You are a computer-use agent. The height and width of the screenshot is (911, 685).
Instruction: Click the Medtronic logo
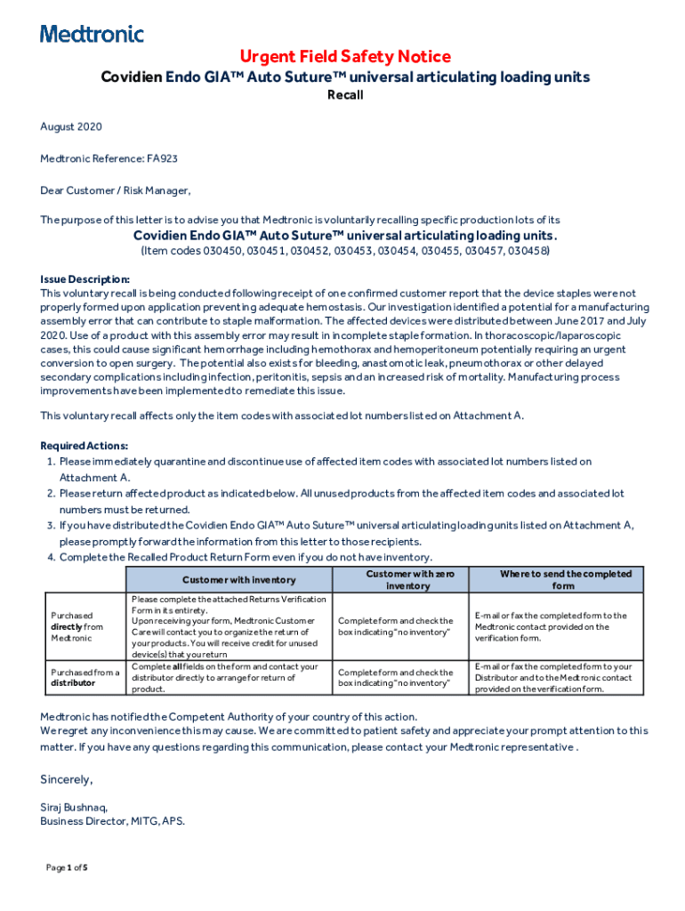click(92, 35)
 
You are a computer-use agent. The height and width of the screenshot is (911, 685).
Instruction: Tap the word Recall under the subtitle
click(342, 95)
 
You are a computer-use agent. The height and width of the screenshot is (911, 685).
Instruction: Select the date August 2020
click(71, 127)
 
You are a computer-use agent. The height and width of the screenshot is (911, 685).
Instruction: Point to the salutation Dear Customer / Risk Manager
click(116, 189)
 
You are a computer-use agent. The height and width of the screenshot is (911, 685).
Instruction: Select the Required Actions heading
click(85, 446)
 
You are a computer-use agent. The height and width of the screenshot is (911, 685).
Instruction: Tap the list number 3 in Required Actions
click(51, 526)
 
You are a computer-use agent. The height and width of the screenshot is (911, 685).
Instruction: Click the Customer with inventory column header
click(226, 580)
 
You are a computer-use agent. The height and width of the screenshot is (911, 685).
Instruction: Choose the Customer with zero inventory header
click(409, 580)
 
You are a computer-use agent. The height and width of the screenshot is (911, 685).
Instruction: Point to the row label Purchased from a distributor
click(85, 678)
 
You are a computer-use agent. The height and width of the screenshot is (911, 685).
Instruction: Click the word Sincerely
click(66, 779)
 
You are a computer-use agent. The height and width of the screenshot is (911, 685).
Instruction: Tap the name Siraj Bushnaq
click(74, 808)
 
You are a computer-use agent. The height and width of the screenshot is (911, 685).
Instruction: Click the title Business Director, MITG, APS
click(112, 822)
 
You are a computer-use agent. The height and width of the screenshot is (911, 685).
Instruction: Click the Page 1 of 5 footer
click(67, 867)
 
